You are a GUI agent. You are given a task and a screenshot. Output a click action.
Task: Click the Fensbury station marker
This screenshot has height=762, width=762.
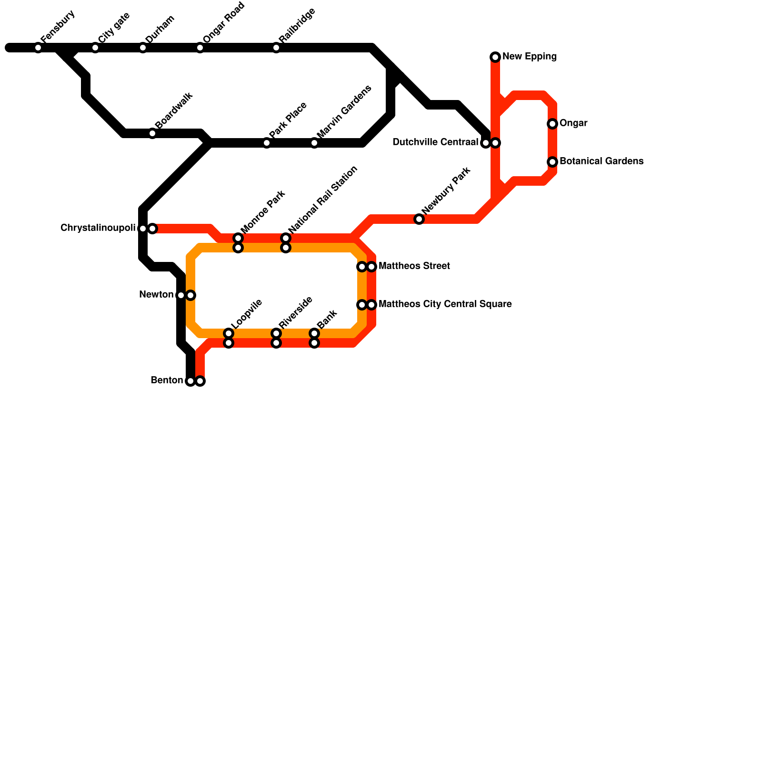tap(38, 48)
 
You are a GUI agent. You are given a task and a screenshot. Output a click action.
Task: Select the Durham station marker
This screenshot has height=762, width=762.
tap(143, 48)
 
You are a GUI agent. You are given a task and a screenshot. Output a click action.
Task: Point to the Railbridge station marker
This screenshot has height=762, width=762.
tap(276, 48)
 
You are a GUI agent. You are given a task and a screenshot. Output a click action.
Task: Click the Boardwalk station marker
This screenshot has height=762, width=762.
tap(152, 133)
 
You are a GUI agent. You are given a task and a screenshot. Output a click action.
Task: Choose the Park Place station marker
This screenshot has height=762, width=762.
tap(267, 143)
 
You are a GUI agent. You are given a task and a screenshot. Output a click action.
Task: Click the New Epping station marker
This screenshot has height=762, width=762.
tap(495, 57)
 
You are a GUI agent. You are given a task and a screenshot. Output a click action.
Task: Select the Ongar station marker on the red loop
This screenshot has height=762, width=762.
tap(552, 124)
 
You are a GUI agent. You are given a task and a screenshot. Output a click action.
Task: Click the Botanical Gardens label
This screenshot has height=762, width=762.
tap(602, 161)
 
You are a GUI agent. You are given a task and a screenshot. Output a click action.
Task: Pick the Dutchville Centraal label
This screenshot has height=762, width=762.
tap(435, 142)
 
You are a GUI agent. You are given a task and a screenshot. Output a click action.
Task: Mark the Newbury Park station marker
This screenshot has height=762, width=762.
tap(419, 219)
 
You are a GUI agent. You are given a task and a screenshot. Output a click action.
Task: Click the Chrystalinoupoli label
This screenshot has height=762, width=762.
tap(98, 228)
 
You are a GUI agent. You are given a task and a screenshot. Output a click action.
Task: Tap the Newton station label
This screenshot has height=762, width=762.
tap(156, 295)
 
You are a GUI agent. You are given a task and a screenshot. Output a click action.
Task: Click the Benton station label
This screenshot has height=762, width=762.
tap(167, 381)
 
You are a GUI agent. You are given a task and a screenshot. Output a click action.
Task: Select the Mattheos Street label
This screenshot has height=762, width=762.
tap(414, 266)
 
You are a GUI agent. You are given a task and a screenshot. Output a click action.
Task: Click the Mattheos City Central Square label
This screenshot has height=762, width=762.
tap(445, 304)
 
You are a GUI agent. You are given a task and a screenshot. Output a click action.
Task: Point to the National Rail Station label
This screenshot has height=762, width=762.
tap(323, 200)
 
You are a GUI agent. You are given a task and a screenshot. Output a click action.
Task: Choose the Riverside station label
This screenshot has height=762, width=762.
tap(295, 312)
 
